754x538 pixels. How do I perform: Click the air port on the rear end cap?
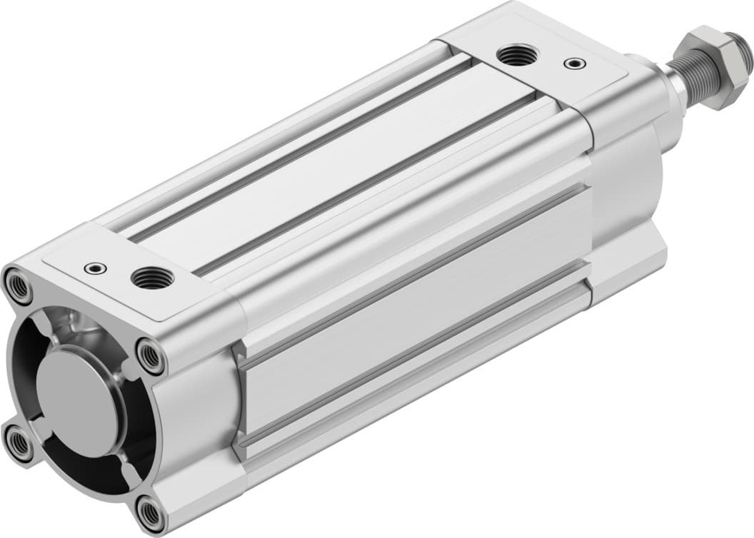149,277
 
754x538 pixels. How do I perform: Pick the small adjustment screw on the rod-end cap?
573,64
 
